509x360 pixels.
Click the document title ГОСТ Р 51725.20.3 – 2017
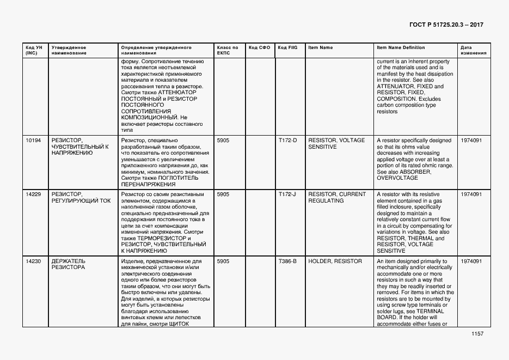tap(446, 25)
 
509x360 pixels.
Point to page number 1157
tap(477, 334)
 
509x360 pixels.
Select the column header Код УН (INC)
tap(32, 50)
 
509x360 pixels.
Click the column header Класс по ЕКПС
tap(228, 50)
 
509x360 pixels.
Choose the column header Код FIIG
tap(287, 47)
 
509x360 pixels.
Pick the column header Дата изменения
tap(470, 50)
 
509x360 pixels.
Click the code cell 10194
tap(33, 141)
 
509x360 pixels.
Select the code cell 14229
tap(33, 194)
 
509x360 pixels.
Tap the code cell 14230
tap(33, 261)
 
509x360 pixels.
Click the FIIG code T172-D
tap(287, 141)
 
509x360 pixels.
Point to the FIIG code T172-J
tap(287, 194)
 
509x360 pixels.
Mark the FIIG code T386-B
tap(287, 261)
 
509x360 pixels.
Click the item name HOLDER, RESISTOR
tap(335, 261)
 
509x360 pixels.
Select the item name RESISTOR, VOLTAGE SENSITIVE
tap(336, 144)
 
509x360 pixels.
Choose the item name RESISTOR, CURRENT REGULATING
tap(336, 198)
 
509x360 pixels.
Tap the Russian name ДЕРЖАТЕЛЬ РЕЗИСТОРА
tap(68, 265)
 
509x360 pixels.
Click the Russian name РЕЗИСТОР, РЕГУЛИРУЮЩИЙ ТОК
tap(81, 198)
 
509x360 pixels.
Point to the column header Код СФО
tap(259, 47)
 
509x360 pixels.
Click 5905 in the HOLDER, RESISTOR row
tap(223, 261)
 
